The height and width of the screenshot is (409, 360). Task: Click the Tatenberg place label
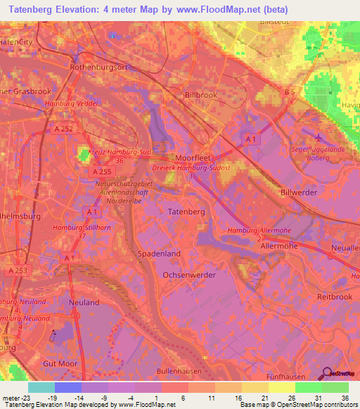tap(186, 211)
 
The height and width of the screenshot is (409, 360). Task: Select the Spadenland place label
tap(159, 253)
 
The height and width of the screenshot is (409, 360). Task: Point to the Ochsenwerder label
tap(189, 275)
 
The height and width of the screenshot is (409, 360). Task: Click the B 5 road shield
tap(289, 91)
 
